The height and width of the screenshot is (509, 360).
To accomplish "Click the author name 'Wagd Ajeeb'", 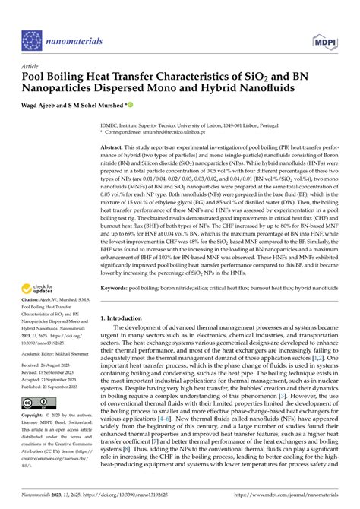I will point(40,108).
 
